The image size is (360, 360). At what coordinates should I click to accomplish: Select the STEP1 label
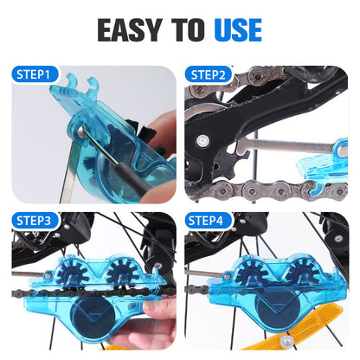coord(37,75)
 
